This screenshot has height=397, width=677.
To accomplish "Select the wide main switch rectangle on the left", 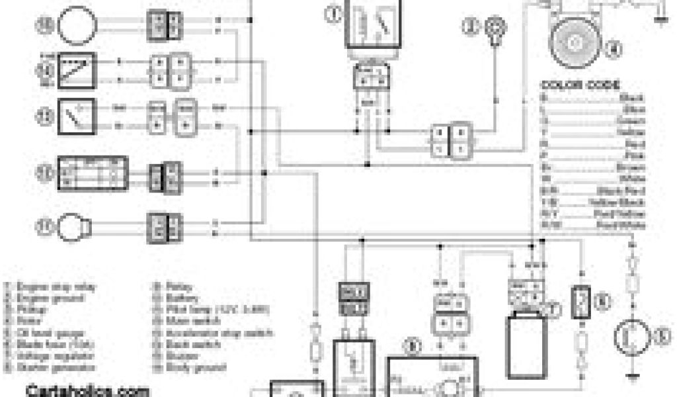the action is pos(92,171).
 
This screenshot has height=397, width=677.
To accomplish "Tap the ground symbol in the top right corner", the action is pos(659,17).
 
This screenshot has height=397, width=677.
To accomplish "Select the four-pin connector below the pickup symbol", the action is pos(449,140).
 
